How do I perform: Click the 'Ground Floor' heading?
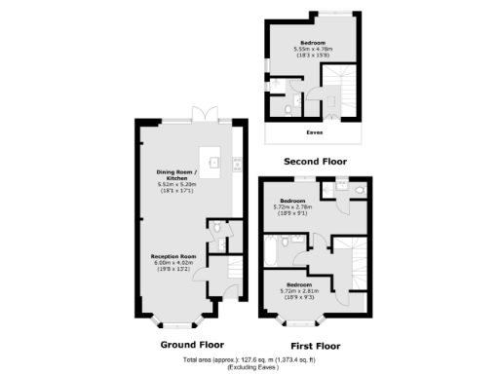[191, 344]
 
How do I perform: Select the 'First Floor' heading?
[316, 345]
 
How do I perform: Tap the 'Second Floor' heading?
[315, 161]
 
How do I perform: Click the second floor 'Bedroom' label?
[313, 43]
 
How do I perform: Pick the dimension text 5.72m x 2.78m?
[293, 207]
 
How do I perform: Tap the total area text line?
[249, 360]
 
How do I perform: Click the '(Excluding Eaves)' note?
[249, 367]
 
